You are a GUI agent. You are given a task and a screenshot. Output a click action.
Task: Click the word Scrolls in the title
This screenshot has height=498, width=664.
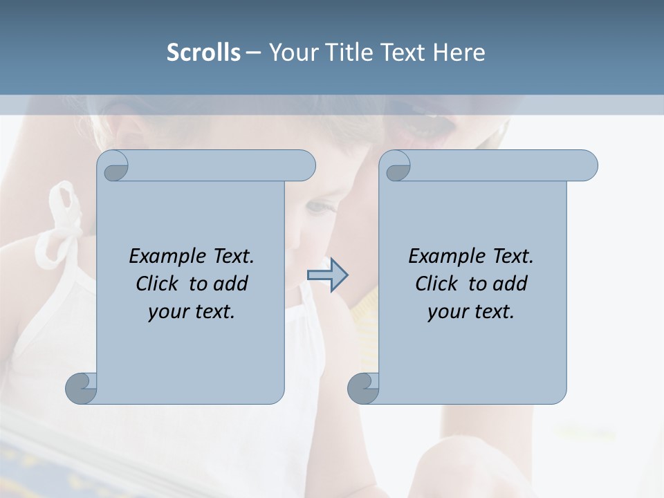coord(203,52)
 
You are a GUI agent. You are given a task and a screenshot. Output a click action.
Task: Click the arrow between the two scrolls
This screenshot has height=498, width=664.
coord(327,275)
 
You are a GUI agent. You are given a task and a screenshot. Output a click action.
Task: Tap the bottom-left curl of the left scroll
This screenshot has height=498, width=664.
coord(82,387)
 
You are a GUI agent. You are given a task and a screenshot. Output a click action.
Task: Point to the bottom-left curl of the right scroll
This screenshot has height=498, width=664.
coord(363,387)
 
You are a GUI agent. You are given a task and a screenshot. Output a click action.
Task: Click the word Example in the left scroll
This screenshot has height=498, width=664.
coord(162,257)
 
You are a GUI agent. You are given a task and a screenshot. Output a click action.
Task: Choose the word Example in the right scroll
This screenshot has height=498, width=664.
coord(441,257)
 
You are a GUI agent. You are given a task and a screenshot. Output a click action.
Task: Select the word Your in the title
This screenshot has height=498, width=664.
coord(290,52)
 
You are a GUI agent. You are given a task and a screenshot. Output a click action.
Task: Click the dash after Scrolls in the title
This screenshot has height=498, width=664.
coord(253,53)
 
